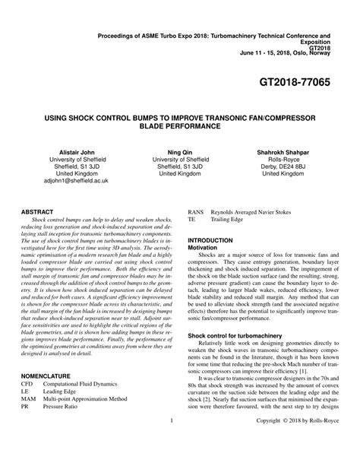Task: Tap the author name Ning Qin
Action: coord(179,152)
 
